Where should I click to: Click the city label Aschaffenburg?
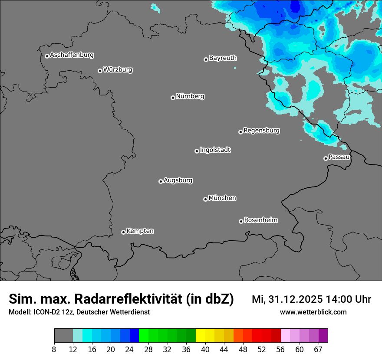pos(72,55)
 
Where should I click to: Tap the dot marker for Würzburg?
pos(100,71)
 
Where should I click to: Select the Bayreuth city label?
pos(223,58)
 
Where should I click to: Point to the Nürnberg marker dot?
pos(173,98)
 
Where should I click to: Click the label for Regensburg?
pos(261,130)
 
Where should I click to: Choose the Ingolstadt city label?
pos(215,150)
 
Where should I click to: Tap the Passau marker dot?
pos(326,158)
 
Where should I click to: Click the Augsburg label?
pos(178,180)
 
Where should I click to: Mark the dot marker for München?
pos(205,200)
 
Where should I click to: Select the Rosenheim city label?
pos(260,220)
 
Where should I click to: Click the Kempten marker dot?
pos(123,232)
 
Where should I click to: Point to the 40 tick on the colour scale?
pos(205,349)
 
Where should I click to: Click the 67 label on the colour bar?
pos(318,350)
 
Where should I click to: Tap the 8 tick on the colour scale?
pos(54,349)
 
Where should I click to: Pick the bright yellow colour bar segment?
pos(201,336)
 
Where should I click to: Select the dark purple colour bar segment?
pos(323,336)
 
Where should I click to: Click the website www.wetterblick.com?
pos(313,312)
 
